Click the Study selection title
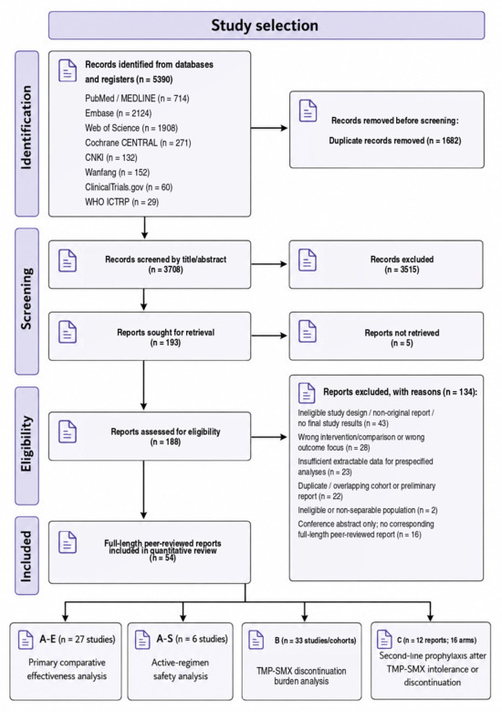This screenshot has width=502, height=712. [x=265, y=26]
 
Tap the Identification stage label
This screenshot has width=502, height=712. [x=26, y=128]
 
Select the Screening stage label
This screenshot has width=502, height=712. [x=26, y=298]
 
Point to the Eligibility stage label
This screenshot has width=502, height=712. [x=26, y=443]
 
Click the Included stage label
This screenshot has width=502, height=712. [x=26, y=557]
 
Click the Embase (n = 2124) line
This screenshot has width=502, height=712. [x=119, y=113]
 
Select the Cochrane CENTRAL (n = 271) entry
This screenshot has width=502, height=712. [x=138, y=143]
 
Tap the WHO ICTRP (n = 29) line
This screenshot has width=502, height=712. [x=121, y=202]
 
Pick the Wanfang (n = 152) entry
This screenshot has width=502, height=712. [x=117, y=172]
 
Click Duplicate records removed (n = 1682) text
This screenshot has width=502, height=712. [x=395, y=141]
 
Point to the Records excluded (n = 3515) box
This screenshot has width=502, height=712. [x=386, y=264]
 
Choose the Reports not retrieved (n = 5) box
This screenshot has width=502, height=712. [x=386, y=336]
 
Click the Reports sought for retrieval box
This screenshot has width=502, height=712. [x=150, y=336]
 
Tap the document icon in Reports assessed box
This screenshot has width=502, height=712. [x=68, y=431]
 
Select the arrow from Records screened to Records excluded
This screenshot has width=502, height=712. [x=269, y=264]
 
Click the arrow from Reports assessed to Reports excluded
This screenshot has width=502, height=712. [x=269, y=437]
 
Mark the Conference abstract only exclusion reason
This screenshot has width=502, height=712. [x=365, y=529]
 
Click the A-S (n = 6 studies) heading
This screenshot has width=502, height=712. [x=192, y=639]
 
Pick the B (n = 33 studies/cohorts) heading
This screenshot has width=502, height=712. [x=315, y=641]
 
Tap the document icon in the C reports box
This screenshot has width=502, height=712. [x=384, y=640]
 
